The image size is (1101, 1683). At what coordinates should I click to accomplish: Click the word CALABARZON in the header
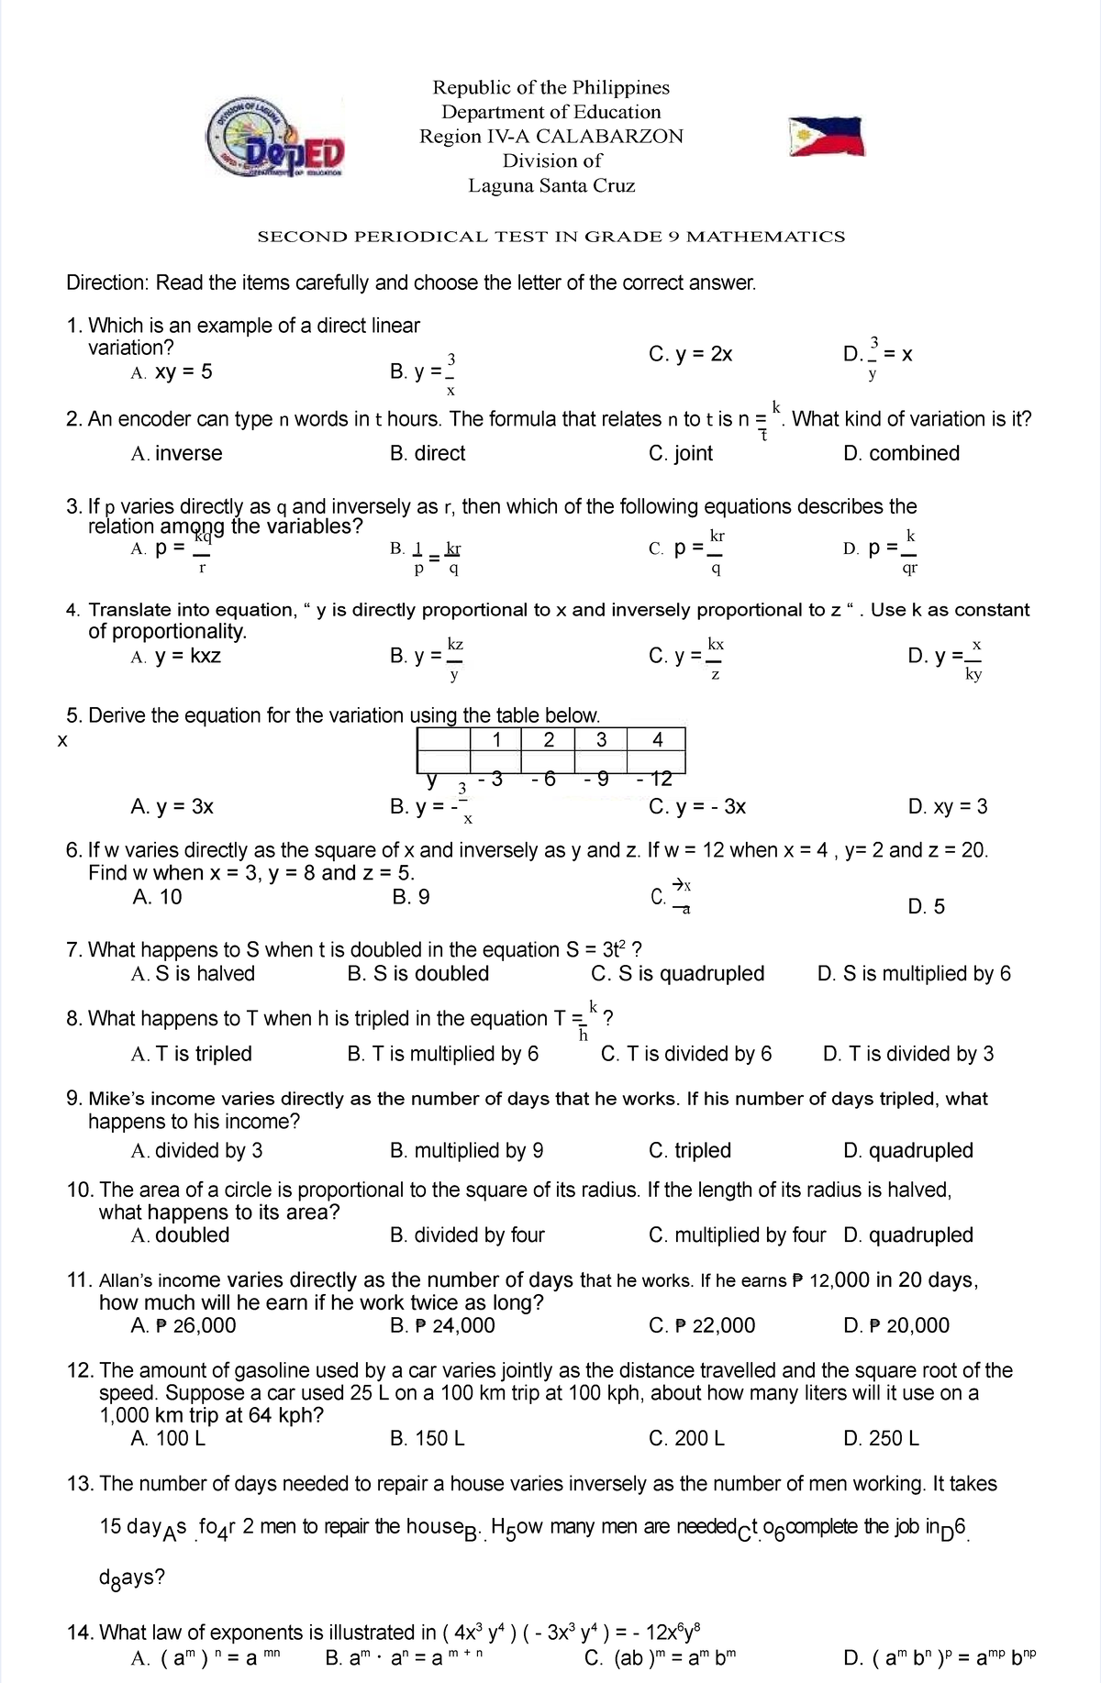tap(610, 137)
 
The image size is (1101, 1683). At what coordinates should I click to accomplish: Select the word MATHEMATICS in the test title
tap(765, 237)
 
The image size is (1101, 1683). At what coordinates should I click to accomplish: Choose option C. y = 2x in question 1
tap(690, 355)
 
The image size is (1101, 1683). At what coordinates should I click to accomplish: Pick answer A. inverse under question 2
tap(177, 453)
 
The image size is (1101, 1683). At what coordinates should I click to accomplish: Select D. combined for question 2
tap(901, 453)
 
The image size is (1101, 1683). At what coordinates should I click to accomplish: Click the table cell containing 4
tap(656, 740)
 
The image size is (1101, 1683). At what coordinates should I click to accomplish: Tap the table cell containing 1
tap(495, 740)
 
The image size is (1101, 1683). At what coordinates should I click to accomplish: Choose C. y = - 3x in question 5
tap(696, 807)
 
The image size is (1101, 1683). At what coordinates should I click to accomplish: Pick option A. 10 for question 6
tap(157, 897)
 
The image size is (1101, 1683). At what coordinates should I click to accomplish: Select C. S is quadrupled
tap(678, 974)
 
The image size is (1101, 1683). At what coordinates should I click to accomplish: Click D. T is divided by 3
tap(908, 1054)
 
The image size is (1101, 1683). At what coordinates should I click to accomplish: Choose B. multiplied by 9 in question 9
tap(466, 1151)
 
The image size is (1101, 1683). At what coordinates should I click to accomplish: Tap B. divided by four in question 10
tap(467, 1235)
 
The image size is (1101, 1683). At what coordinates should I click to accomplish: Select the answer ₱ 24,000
tap(442, 1325)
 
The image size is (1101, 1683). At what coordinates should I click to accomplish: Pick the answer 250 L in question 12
tap(881, 1438)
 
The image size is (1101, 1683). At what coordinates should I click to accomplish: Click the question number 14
tap(81, 1633)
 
